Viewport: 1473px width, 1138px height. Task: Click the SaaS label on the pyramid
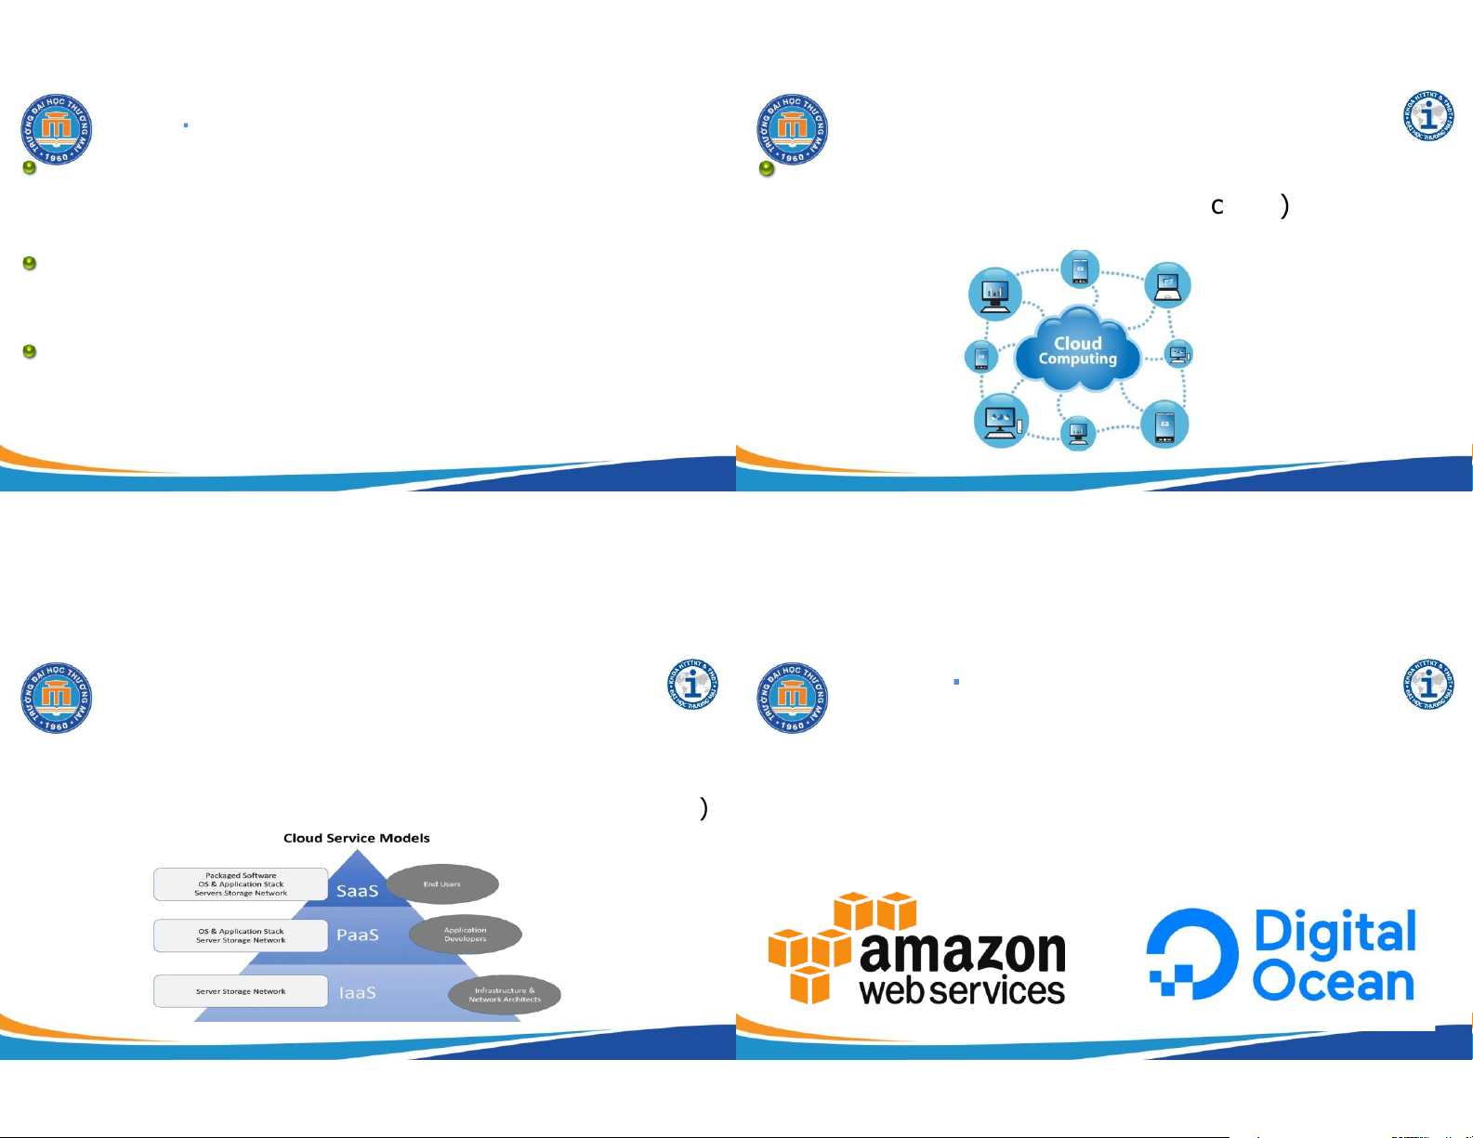(357, 891)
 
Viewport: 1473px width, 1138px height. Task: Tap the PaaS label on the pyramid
(358, 935)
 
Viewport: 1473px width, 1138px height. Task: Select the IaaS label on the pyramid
(358, 993)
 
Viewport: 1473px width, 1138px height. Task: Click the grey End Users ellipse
(442, 884)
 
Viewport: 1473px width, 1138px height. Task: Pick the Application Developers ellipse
(466, 935)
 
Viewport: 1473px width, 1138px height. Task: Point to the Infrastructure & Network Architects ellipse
(505, 995)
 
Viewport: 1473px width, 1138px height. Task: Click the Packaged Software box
(241, 884)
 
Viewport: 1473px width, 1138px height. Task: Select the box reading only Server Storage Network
(241, 991)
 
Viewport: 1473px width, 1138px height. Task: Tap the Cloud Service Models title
(357, 838)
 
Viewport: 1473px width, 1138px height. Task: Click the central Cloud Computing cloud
(1078, 351)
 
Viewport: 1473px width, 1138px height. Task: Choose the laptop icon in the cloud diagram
(1167, 285)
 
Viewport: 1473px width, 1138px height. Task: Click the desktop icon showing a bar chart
(995, 293)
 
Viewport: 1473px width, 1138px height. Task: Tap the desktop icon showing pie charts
(1001, 421)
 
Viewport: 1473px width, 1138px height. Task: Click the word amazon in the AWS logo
(963, 951)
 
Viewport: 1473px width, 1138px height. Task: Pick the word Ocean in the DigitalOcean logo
(1334, 982)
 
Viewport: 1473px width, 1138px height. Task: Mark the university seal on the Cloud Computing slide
(793, 129)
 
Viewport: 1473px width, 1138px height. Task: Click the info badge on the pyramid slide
(692, 685)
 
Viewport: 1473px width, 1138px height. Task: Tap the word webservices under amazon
(963, 990)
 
